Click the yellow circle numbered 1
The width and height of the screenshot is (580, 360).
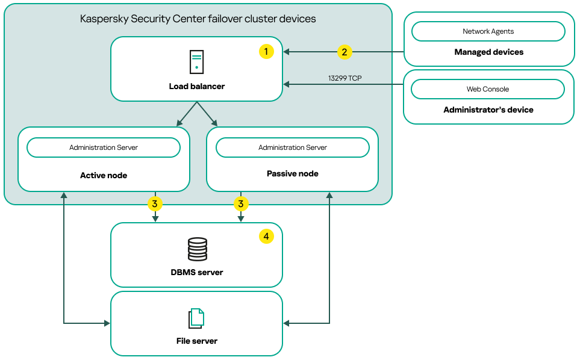click(266, 52)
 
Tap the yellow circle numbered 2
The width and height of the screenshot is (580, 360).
click(344, 52)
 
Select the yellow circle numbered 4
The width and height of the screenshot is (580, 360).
click(266, 237)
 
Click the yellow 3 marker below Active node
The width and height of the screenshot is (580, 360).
click(155, 204)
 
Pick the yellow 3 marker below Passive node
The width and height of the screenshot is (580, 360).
click(240, 204)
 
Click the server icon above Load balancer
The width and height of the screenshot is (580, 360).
click(196, 62)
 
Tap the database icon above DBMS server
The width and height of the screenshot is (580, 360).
click(197, 248)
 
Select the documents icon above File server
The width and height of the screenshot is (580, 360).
click(196, 318)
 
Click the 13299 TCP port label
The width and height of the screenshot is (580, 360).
click(344, 78)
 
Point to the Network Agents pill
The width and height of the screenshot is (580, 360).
click(488, 31)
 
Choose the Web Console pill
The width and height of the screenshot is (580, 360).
click(488, 89)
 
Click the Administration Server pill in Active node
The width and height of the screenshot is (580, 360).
click(104, 147)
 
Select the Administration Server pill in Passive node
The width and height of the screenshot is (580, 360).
click(293, 147)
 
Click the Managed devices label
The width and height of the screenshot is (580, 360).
click(488, 52)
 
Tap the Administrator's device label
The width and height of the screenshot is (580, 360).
click(488, 110)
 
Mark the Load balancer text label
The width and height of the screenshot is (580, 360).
click(196, 87)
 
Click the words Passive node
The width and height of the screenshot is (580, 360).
click(292, 174)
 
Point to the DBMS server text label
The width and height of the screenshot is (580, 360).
click(196, 273)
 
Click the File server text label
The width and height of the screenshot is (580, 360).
click(196, 341)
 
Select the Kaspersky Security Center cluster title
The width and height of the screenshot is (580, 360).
click(198, 19)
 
